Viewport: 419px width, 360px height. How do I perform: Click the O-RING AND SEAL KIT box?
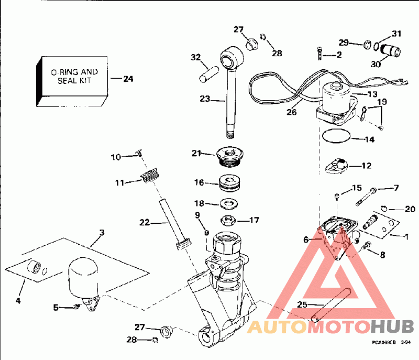(x=73, y=79)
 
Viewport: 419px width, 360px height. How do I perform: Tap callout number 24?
(x=128, y=79)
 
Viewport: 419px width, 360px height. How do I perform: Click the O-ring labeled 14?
(x=335, y=137)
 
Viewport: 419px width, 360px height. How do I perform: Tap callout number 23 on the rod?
(x=205, y=98)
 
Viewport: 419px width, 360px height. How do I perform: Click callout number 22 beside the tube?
(x=144, y=223)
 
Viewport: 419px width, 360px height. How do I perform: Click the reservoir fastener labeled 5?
(x=76, y=307)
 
